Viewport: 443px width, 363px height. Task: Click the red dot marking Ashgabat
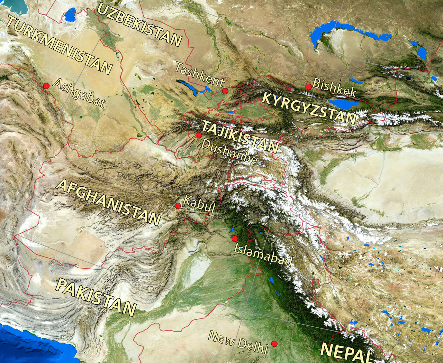pyautogui.click(x=46, y=86)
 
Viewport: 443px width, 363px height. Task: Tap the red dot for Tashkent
pyautogui.click(x=225, y=91)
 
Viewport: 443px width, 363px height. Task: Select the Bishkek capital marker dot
pyautogui.click(x=308, y=87)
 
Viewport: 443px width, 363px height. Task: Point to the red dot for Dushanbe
pyautogui.click(x=199, y=135)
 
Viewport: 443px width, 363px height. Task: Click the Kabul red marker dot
pyautogui.click(x=178, y=206)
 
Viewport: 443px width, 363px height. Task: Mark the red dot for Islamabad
pyautogui.click(x=235, y=239)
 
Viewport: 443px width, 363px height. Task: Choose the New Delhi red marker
pyautogui.click(x=274, y=344)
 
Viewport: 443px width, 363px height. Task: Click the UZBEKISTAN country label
pyautogui.click(x=139, y=24)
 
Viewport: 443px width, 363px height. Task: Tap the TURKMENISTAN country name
pyautogui.click(x=60, y=45)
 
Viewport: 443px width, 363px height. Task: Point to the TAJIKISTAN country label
pyautogui.click(x=240, y=137)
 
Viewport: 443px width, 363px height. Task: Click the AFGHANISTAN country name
pyautogui.click(x=108, y=202)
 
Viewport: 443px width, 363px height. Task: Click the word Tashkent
pyautogui.click(x=200, y=74)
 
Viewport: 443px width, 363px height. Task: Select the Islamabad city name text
pyautogui.click(x=263, y=254)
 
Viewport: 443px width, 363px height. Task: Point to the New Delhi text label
pyautogui.click(x=238, y=342)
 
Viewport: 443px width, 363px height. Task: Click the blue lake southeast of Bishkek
pyautogui.click(x=343, y=104)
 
